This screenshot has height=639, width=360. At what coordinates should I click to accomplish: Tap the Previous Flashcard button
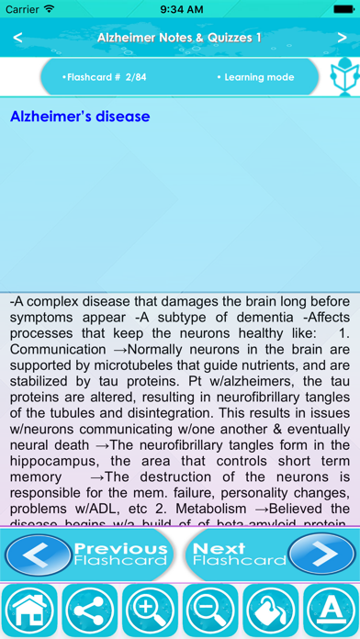tap(89, 555)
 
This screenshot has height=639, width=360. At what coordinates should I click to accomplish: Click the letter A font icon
tap(330, 611)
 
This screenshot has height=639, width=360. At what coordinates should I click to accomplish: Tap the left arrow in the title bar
tap(18, 38)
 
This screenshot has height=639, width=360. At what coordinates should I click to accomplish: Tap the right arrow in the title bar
tap(341, 38)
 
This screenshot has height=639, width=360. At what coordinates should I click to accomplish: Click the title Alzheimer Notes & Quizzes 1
tap(179, 38)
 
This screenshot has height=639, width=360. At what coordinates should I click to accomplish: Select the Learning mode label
tap(260, 77)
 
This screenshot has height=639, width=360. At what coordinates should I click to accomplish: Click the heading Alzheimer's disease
tap(80, 118)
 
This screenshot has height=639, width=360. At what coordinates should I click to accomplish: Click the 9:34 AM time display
tap(180, 9)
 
